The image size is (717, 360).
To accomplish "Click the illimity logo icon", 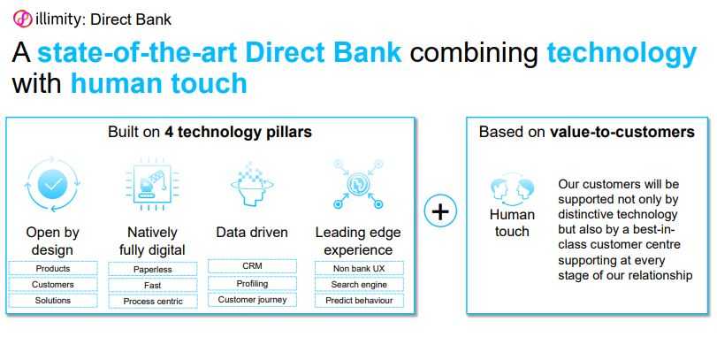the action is [22, 19].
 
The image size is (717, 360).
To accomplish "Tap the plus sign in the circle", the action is [440, 211].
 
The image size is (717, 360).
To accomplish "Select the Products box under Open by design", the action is [53, 269].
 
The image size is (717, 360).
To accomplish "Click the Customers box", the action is [53, 285].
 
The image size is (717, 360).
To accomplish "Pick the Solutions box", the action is [53, 301].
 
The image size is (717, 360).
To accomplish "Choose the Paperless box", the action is [153, 270].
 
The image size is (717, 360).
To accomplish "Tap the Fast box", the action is [153, 286].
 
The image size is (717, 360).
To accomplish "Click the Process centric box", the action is [153, 302].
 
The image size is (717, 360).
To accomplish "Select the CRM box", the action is [253, 265].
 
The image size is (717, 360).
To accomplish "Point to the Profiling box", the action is [253, 284].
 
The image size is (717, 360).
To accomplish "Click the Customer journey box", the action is [253, 300].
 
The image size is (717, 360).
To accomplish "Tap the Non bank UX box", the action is [359, 269].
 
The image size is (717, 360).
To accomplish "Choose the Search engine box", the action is [359, 285].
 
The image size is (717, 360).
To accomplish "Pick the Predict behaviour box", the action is [359, 301].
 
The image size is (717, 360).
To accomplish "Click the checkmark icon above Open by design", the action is [53, 184].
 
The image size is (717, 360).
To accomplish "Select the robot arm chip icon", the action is [153, 184].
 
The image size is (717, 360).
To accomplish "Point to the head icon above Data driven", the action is [252, 184].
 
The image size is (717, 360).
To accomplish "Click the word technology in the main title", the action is [622, 52].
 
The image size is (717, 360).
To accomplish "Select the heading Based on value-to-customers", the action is [587, 132].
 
